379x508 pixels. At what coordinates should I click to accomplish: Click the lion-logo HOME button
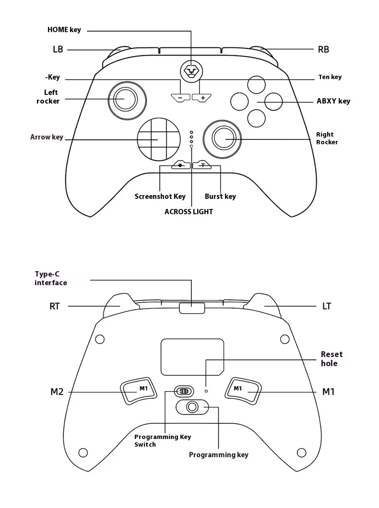tap(191, 71)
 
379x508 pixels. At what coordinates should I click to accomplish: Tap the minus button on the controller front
tap(180, 97)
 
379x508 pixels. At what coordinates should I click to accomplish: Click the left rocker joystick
tap(127, 99)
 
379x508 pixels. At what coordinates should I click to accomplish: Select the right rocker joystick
tap(222, 139)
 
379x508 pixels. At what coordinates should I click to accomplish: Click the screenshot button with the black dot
tap(180, 165)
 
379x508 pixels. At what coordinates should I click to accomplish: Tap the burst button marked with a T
tap(202, 165)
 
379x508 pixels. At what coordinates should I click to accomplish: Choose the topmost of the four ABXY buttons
tap(256, 84)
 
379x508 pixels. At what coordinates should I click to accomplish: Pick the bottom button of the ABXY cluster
tap(256, 118)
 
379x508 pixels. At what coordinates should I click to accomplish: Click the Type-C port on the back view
tap(191, 307)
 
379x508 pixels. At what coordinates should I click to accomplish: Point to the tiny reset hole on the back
tap(206, 391)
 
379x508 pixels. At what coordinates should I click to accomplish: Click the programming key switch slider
tap(183, 391)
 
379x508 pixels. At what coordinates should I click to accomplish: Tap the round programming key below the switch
tap(192, 407)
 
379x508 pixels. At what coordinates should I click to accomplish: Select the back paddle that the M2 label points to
tap(139, 391)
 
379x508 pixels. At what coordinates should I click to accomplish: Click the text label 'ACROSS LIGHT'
tap(189, 211)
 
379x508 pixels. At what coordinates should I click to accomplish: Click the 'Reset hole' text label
tap(332, 358)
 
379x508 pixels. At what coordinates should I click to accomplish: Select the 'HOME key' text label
tap(64, 30)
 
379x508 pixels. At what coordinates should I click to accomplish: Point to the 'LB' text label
tap(58, 49)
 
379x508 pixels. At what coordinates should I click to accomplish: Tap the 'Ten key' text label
tap(330, 77)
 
